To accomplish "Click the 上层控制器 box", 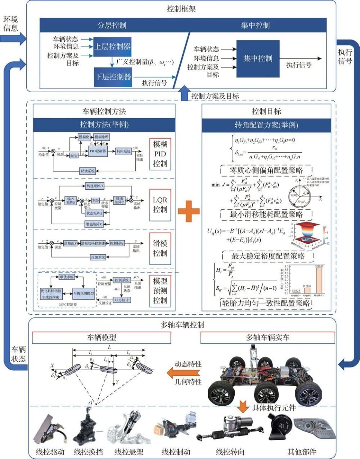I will click(112, 47).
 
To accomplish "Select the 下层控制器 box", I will click(112, 77).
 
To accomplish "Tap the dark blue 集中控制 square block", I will click(258, 59).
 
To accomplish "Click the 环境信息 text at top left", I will click(10, 24).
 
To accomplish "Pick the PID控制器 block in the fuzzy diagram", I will click(98, 150).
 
